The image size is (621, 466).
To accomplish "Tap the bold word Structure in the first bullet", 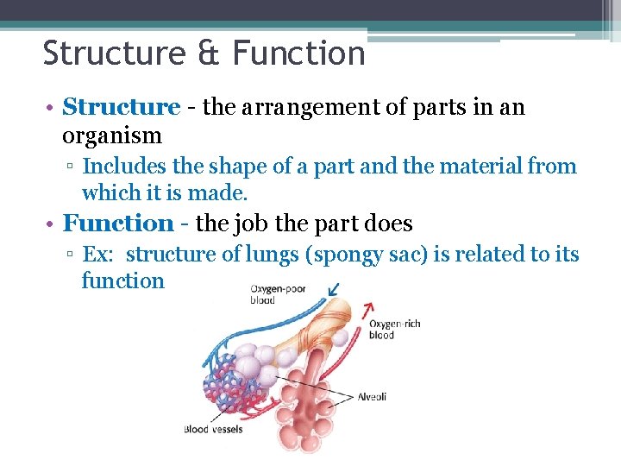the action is (122, 108).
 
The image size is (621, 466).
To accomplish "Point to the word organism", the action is (112, 135).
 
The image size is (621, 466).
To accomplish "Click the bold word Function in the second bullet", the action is (119, 224).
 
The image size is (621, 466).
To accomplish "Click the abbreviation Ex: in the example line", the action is (99, 255).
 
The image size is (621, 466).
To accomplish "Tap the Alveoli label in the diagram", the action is (373, 397).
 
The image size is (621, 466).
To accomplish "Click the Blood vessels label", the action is (213, 429).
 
